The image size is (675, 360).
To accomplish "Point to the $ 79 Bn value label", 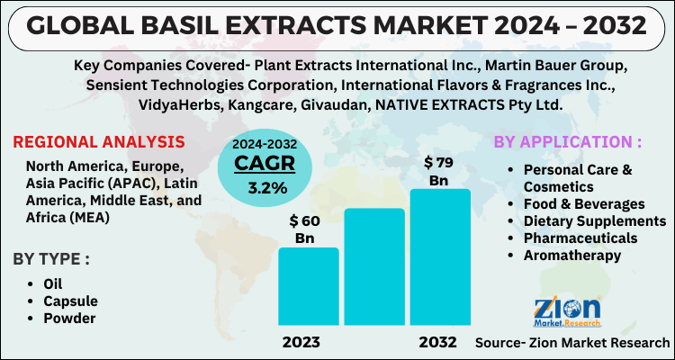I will click(438, 170).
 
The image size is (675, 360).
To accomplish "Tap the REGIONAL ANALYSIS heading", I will click(99, 142).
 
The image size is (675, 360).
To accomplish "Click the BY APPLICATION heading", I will click(567, 142).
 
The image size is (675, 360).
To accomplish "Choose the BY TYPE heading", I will click(51, 260).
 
